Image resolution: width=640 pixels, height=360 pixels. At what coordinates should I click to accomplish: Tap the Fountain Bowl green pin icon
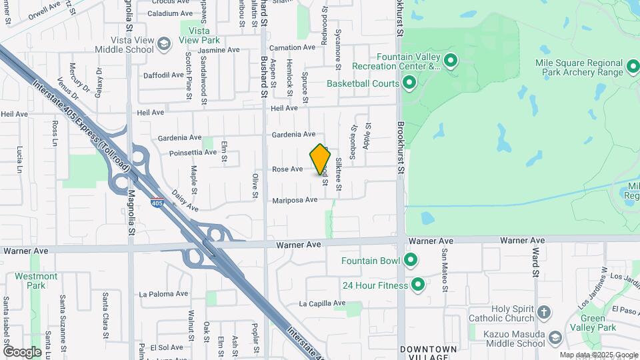tap(411, 260)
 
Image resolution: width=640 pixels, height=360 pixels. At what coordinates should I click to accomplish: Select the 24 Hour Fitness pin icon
tap(418, 285)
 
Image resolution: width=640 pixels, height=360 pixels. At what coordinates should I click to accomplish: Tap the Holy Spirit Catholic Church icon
tap(544, 312)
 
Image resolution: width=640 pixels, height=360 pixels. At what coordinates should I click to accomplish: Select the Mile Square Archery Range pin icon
tap(633, 67)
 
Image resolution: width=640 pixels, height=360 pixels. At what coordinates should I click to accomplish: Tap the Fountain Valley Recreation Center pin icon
tap(451, 61)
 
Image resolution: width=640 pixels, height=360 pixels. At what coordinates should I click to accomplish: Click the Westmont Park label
tap(36, 280)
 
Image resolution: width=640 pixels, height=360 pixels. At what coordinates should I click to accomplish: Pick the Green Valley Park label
tap(593, 323)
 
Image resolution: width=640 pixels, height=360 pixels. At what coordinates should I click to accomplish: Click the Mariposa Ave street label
tap(294, 200)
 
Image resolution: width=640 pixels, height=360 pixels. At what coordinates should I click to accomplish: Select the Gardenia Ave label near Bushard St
tap(293, 135)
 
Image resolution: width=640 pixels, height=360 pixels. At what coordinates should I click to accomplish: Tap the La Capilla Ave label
tap(321, 304)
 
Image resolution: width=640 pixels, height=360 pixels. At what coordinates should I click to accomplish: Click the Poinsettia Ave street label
tap(193, 152)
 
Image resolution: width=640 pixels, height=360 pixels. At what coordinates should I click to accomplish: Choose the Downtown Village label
tap(429, 353)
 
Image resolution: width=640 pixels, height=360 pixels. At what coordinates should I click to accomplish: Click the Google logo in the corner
tap(22, 351)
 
